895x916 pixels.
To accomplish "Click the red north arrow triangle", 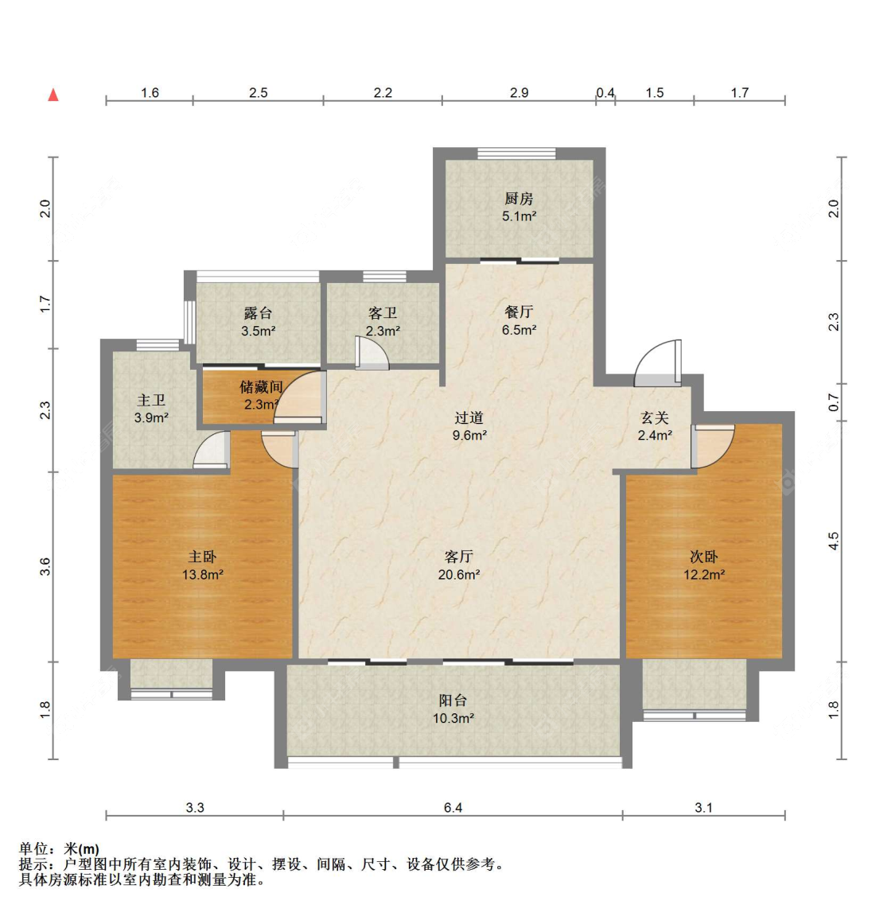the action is (53, 94).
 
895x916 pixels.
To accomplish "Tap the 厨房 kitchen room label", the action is (519, 200).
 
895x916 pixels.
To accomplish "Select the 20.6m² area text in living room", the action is (459, 575).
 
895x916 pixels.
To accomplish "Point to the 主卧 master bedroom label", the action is (202, 557).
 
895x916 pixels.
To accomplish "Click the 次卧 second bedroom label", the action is (704, 557).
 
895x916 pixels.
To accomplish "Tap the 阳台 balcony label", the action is (453, 701).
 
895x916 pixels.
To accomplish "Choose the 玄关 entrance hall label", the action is (654, 417).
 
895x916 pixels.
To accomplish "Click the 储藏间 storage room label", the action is (261, 386).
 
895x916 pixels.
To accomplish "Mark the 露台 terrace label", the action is (258, 313).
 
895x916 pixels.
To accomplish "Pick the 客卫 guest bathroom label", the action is (383, 313).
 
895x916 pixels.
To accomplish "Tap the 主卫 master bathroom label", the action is (151, 400).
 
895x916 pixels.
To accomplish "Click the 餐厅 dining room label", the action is (519, 312).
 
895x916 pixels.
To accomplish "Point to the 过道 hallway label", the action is (469, 417).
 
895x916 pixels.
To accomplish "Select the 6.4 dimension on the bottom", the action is (453, 807).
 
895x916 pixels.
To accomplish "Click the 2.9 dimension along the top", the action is (519, 92).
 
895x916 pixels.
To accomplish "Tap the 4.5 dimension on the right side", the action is (834, 541).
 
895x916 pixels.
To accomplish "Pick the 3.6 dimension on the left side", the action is (45, 567).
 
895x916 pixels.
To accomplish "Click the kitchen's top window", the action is (516, 153).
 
